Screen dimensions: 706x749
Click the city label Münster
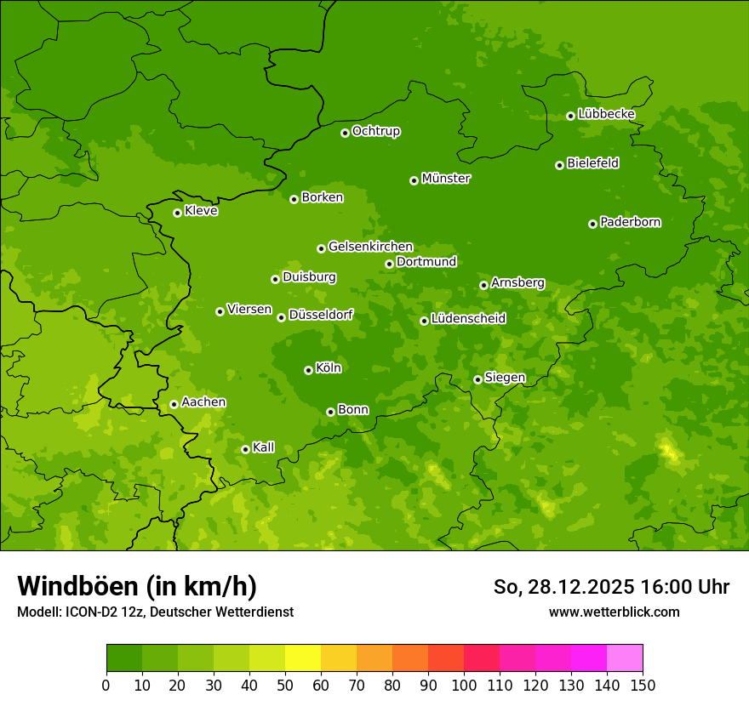tap(446, 179)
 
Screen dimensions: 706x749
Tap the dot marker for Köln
tap(308, 370)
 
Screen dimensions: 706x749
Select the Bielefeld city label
tap(593, 163)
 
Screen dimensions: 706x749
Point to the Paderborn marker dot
tap(592, 224)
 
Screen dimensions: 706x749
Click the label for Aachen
tap(203, 402)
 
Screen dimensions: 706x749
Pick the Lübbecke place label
tap(607, 114)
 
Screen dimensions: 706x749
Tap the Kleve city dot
tap(177, 213)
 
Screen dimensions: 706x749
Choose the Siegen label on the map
tap(506, 378)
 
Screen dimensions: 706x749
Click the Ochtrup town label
tap(376, 131)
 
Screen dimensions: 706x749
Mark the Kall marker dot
tap(245, 449)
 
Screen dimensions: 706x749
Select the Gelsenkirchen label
tap(370, 247)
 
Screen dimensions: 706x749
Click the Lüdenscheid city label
tap(469, 319)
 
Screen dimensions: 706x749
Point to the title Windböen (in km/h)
tap(137, 586)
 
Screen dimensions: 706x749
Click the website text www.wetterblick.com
tap(614, 612)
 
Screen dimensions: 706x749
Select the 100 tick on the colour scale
tap(464, 685)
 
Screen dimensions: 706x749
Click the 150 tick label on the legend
tap(643, 685)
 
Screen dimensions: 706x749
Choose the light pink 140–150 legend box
tap(625, 658)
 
